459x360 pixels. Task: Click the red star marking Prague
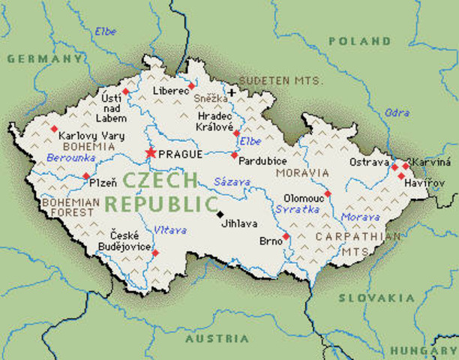pos(150,153)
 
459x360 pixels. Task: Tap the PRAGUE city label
pos(181,154)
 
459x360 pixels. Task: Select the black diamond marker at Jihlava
pos(220,214)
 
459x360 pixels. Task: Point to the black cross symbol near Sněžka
pos(232,93)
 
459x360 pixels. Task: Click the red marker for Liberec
pos(191,86)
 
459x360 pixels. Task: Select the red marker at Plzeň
pos(86,176)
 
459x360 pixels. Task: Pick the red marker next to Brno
pos(286,236)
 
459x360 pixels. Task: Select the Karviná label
pos(433,163)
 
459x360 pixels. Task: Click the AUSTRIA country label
pos(217,338)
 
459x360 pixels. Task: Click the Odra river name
pos(397,113)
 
